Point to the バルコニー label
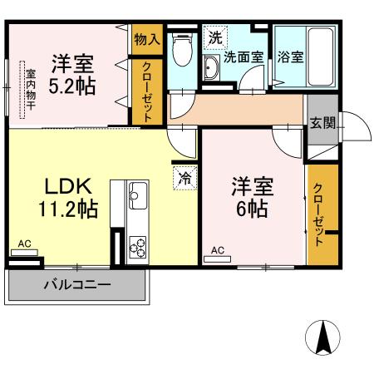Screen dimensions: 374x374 click(76, 285)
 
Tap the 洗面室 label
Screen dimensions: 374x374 click(243, 57)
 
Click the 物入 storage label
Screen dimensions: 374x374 click(146, 39)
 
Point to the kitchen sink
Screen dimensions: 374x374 click(137, 199)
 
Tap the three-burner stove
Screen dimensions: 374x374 click(137, 247)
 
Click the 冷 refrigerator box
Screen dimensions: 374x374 click(183, 176)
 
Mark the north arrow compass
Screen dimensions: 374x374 click(324, 337)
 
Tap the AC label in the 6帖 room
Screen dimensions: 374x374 click(218, 249)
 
